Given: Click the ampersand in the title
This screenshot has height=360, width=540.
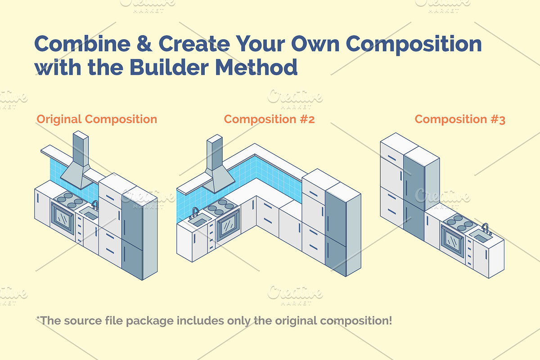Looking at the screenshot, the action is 144,43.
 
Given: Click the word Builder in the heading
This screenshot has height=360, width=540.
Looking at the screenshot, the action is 169,67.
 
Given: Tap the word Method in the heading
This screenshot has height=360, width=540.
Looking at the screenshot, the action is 256,67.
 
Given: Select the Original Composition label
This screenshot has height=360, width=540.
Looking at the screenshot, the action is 97,119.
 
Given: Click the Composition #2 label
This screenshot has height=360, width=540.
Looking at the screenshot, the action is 269,119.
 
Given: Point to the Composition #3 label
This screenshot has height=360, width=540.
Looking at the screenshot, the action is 460,119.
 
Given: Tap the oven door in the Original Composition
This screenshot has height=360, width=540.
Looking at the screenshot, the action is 63,218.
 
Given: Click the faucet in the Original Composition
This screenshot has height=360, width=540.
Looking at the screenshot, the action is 95,205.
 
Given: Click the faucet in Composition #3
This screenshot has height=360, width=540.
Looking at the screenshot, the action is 486,229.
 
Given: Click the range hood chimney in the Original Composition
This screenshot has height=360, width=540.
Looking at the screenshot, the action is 81,149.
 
